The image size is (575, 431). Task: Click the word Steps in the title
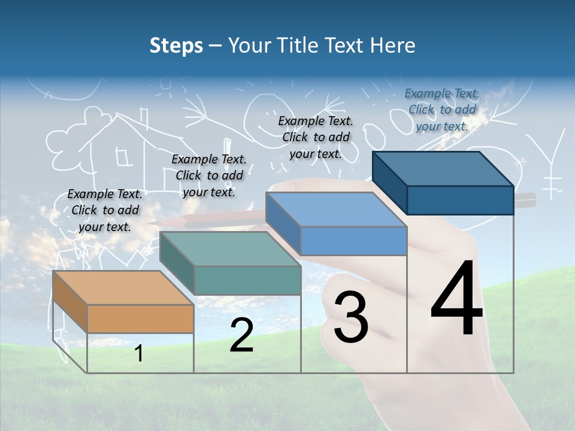click(x=176, y=45)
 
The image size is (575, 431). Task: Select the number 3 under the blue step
click(x=351, y=317)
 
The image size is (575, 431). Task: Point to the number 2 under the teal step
click(x=241, y=335)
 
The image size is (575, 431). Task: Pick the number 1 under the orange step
click(x=138, y=353)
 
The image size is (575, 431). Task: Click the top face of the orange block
click(x=123, y=288)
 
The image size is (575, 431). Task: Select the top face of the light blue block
click(x=335, y=210)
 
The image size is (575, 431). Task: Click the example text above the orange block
click(x=105, y=210)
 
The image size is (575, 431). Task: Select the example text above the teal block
click(x=209, y=175)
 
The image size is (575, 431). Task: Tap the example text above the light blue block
click(x=316, y=137)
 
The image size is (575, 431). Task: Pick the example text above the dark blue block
click(x=442, y=110)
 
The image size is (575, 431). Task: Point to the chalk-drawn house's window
click(x=124, y=157)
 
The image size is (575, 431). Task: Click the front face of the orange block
click(x=140, y=318)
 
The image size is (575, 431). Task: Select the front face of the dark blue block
click(x=460, y=200)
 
